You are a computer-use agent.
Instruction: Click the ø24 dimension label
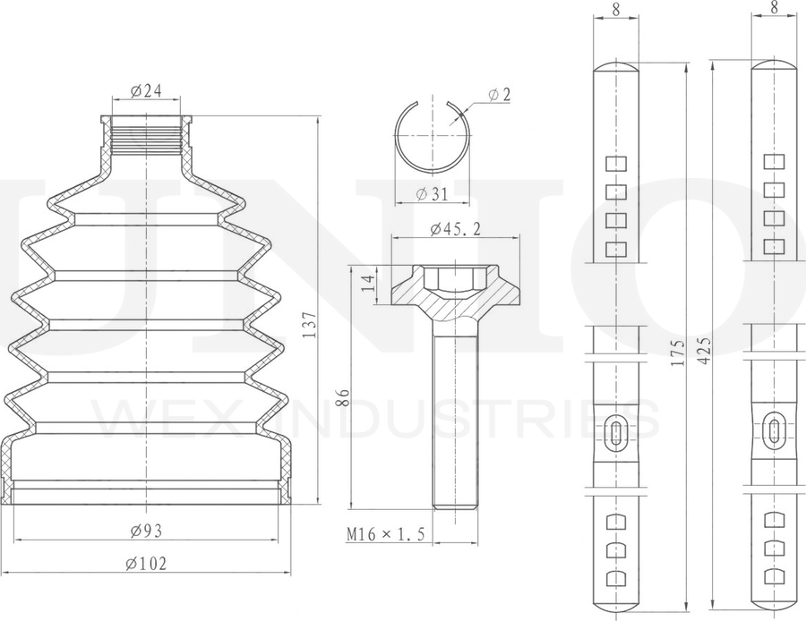coord(146,91)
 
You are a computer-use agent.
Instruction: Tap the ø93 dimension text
coord(146,531)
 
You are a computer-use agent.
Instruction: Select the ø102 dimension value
coord(147,564)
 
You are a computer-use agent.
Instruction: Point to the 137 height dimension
coord(310,325)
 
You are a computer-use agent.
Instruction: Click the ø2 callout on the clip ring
coord(499,94)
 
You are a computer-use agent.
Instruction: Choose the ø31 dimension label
coord(432,193)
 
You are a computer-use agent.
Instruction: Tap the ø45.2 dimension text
coord(456,228)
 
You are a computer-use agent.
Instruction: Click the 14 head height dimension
coord(369,284)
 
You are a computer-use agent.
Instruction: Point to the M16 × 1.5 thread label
coord(385,534)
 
